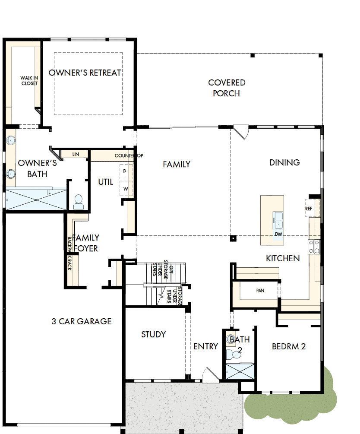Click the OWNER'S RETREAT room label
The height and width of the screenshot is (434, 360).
[85, 73]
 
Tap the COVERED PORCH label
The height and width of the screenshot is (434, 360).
[227, 88]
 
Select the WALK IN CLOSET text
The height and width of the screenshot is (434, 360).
[29, 81]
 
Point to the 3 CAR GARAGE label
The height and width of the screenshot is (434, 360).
[81, 321]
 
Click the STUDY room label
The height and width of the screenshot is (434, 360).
[153, 334]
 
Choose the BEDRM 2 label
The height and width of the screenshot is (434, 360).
[289, 346]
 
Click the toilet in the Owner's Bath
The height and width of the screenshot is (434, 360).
[78, 202]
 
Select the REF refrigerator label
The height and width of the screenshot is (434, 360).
[309, 209]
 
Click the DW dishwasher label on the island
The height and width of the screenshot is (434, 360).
[278, 234]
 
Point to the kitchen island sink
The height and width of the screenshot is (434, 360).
[278, 219]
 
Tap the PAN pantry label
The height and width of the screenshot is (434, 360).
[260, 291]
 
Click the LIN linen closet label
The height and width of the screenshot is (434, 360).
[76, 154]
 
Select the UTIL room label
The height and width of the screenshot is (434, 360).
[105, 182]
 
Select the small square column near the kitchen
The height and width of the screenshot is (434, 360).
[233, 238]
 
